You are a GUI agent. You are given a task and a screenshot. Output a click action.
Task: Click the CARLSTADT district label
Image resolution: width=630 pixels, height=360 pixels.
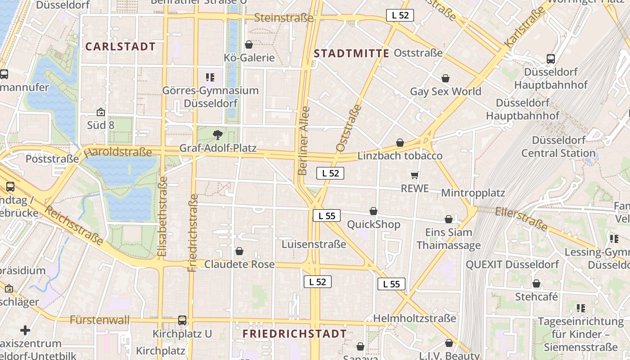click(120, 46)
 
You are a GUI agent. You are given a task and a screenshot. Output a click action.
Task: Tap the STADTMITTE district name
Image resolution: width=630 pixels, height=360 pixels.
click(351, 54)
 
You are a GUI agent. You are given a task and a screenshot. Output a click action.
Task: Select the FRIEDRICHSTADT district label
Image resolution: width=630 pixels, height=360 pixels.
click(295, 333)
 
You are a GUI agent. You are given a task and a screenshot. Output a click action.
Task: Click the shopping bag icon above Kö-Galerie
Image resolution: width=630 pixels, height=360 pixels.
click(248, 45)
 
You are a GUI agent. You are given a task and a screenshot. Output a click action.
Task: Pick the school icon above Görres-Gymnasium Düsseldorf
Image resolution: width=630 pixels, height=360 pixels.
click(210, 77)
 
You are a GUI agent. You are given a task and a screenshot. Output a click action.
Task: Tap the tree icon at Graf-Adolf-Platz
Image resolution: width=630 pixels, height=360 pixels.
click(217, 135)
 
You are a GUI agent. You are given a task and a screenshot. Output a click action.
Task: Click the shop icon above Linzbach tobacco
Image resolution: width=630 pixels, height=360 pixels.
click(400, 143)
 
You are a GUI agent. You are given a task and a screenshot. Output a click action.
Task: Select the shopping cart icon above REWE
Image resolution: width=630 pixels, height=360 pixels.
click(414, 175)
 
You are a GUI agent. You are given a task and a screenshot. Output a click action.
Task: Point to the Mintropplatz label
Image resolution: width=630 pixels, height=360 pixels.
click(473, 193)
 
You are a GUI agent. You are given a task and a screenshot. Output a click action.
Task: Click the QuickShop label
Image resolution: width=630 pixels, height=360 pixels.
click(373, 224)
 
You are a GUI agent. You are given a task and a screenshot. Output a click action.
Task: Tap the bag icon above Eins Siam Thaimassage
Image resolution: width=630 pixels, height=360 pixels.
click(449, 219)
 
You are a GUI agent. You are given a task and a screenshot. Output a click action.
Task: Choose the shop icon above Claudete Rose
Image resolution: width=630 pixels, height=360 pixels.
click(239, 251)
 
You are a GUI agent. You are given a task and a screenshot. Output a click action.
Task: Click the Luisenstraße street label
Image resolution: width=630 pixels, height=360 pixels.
click(314, 244)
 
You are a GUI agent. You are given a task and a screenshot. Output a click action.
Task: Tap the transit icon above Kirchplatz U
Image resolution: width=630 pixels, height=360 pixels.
click(182, 320)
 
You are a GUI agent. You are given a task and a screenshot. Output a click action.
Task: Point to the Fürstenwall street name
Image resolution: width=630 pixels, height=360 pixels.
click(99, 320)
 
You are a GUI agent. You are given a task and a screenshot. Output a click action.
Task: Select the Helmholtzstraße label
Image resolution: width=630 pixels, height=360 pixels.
click(414, 319)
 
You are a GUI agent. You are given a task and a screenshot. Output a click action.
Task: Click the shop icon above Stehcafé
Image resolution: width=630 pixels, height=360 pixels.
click(536, 283)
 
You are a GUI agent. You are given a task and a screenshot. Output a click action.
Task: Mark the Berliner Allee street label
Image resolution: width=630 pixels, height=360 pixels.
click(304, 140)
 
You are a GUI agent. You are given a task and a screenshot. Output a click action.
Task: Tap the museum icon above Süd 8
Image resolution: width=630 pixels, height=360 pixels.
click(101, 112)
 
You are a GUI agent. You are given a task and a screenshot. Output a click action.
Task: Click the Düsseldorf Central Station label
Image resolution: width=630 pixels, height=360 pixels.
click(558, 147)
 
